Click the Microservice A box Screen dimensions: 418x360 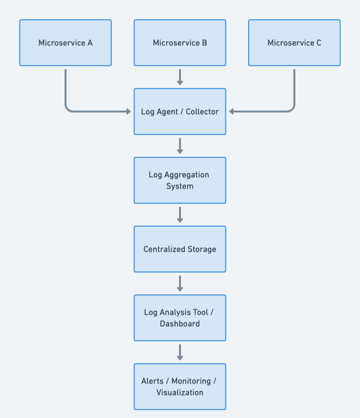coord(65,43)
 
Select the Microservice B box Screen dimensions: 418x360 coord(180,43)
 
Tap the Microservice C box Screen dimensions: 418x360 coord(294,43)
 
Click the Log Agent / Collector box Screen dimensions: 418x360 coord(180,111)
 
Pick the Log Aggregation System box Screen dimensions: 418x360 coord(180,180)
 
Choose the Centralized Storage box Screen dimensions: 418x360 coord(180,249)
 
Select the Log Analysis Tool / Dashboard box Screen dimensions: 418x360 coord(180,318)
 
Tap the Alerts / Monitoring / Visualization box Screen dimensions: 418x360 coord(180,386)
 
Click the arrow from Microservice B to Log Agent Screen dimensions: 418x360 coord(180,77)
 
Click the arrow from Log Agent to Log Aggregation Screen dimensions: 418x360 coord(180,146)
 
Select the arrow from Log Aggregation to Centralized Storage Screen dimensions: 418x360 coord(180,214)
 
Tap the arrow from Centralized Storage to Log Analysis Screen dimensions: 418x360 coord(180,283)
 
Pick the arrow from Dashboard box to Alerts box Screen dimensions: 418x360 coord(180,352)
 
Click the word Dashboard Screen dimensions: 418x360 coord(180,324)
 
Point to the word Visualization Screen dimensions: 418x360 coord(180,393)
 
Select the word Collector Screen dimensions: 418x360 coord(202,112)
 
